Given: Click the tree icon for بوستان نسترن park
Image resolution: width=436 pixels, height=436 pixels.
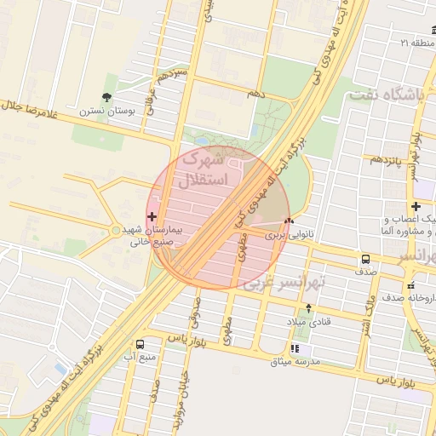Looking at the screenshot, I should coord(106,97).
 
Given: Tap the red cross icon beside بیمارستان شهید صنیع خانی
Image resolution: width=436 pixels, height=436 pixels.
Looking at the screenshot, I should coord(152,216).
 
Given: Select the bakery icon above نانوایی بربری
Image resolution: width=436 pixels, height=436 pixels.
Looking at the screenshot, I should coord(289,221).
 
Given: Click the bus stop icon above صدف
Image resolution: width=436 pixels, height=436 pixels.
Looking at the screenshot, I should coord(365,260).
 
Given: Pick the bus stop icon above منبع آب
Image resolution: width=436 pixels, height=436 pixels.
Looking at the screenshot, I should coord(140,344).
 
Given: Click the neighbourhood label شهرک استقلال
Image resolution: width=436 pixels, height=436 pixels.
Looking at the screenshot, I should coord(204,169).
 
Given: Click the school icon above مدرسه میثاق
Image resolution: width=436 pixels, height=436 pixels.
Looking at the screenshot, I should coord(295,348).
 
